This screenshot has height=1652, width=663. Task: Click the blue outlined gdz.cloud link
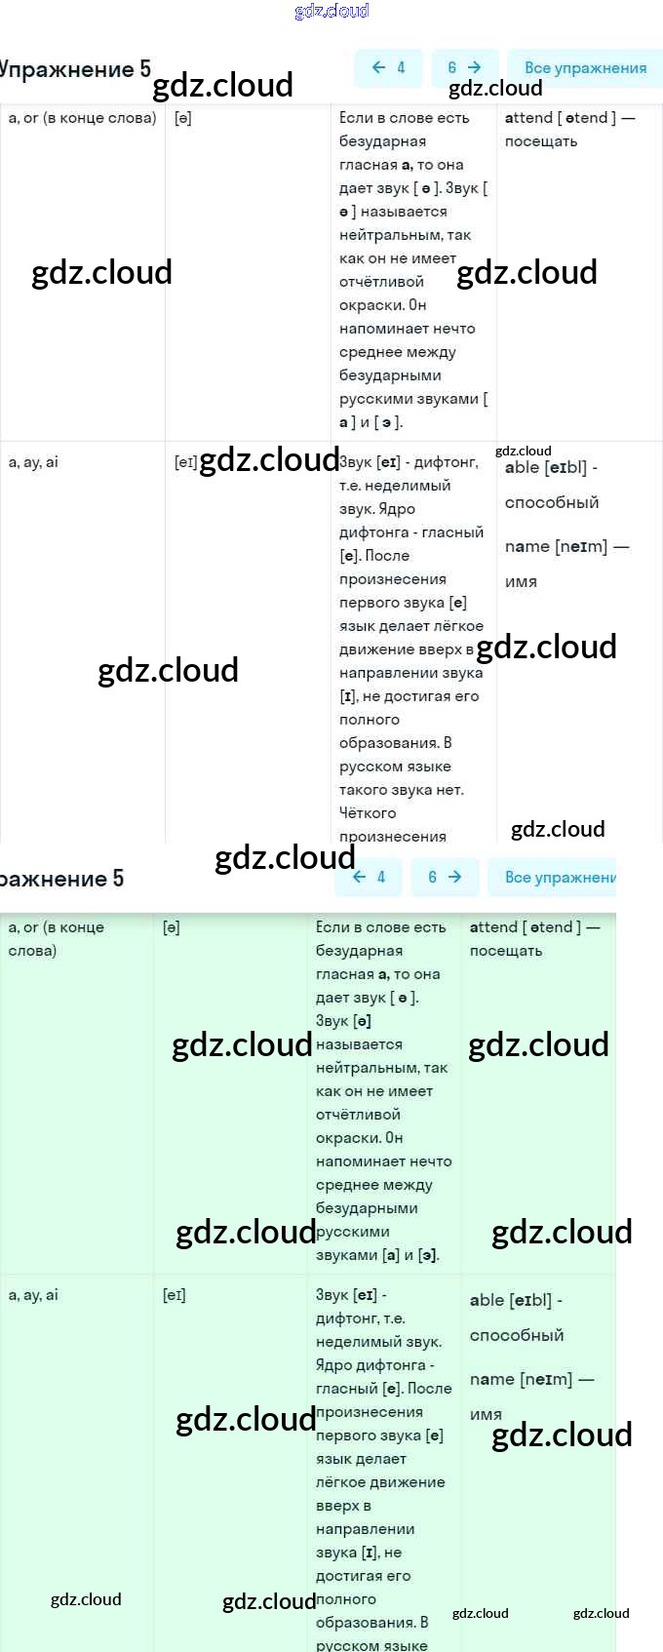[331, 11]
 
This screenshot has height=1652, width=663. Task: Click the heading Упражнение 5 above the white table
[76, 69]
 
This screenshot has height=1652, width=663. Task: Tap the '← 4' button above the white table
[388, 67]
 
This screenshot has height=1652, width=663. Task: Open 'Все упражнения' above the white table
[585, 68]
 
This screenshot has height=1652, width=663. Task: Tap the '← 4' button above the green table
[369, 877]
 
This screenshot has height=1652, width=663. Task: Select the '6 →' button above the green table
[445, 877]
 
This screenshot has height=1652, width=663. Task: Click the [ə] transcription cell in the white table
[183, 118]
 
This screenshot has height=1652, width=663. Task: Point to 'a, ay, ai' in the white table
[33, 462]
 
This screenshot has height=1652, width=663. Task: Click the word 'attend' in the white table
[528, 118]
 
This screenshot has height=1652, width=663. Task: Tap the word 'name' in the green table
[491, 1379]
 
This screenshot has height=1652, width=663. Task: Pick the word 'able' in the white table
[522, 467]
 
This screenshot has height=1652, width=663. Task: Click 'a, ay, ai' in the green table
[33, 1295]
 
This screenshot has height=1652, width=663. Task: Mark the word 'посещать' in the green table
[506, 951]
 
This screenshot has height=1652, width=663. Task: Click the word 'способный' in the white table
[552, 502]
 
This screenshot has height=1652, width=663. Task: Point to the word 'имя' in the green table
[486, 1414]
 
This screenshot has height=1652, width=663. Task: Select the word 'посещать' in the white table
[541, 141]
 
